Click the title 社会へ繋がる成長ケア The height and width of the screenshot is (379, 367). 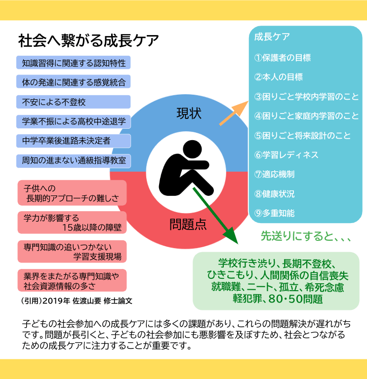click(x=88, y=40)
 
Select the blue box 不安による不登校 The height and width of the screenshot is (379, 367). click(x=73, y=102)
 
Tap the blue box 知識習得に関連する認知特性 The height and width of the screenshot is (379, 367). click(x=73, y=63)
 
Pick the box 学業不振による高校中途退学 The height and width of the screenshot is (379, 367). click(x=73, y=121)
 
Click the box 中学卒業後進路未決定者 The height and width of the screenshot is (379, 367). click(x=73, y=141)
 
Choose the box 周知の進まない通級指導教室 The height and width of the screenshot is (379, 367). click(x=73, y=160)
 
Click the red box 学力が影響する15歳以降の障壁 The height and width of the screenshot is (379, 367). click(x=72, y=223)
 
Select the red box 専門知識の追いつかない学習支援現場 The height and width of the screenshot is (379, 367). click(x=72, y=251)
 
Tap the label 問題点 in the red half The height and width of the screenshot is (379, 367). click(x=188, y=225)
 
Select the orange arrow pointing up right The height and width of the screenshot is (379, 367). click(x=233, y=112)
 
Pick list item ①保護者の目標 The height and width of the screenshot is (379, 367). click(x=283, y=58)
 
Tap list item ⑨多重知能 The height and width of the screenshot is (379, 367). click(x=274, y=213)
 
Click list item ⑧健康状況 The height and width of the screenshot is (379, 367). click(x=274, y=194)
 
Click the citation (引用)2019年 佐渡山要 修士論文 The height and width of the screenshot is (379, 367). click(x=77, y=300)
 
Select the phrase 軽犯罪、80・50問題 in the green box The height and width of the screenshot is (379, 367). click(x=278, y=299)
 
